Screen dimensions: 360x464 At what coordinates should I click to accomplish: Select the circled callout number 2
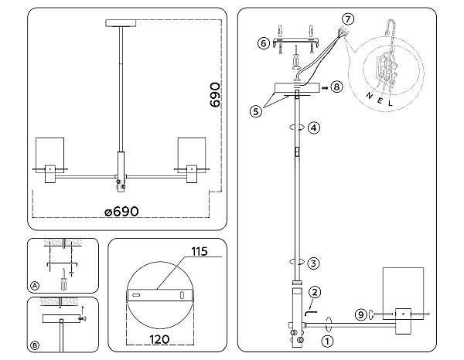(315, 292)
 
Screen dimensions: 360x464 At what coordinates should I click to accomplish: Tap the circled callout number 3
(313, 263)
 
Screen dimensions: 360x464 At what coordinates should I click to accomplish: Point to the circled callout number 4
(313, 127)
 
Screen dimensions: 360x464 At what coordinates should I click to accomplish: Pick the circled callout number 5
(256, 110)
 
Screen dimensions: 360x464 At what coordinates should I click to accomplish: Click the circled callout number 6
(264, 44)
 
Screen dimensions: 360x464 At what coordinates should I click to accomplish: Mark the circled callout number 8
(336, 88)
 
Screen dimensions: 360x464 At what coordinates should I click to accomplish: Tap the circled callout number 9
(360, 314)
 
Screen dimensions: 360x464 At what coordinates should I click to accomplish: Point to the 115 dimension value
(200, 251)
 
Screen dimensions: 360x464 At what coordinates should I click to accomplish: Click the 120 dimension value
(162, 338)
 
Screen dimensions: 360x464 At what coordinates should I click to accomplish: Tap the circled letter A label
(35, 285)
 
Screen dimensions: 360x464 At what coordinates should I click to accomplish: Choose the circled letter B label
(35, 345)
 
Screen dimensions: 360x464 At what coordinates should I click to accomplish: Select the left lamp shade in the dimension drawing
(51, 152)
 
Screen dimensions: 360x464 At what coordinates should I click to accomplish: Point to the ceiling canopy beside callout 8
(298, 88)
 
